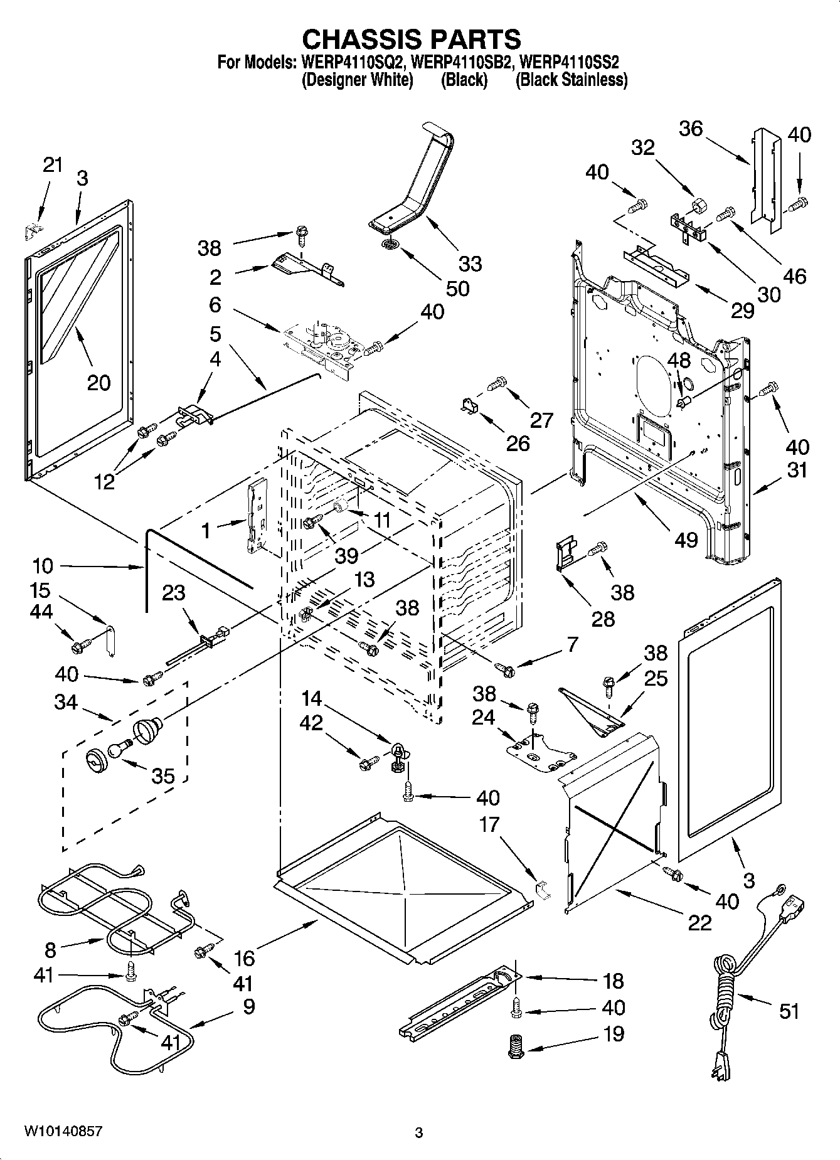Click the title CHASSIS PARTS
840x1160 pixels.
click(x=412, y=40)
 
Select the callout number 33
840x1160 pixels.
click(x=470, y=263)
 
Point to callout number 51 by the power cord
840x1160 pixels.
click(x=789, y=1011)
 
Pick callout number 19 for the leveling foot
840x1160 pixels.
click(x=613, y=1051)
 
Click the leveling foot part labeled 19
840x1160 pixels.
click(x=516, y=1047)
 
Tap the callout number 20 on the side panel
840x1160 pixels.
click(x=98, y=382)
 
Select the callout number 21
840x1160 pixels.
click(x=53, y=165)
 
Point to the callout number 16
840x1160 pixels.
click(x=244, y=958)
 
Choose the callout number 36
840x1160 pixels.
click(x=691, y=129)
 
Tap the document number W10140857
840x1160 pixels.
click(x=63, y=1131)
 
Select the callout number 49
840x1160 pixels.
click(x=686, y=539)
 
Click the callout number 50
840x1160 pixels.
click(x=457, y=288)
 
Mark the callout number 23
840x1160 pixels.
click(x=174, y=592)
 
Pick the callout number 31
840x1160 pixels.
click(x=797, y=470)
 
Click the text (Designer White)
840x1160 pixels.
click(x=358, y=80)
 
